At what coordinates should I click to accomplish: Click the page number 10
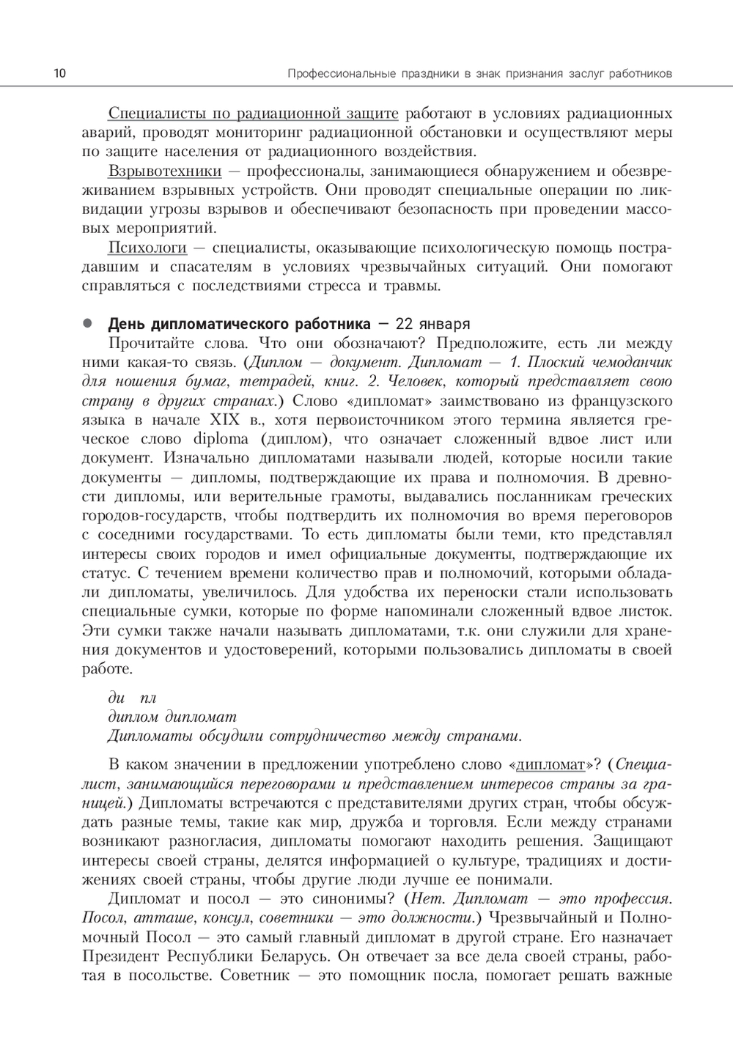point(59,73)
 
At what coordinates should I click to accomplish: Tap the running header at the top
point(480,74)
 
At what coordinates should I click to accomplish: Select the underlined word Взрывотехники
point(164,171)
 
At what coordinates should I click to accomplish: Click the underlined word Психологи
point(147,248)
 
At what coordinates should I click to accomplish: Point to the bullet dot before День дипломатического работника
point(86,322)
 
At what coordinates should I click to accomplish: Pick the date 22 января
point(432,324)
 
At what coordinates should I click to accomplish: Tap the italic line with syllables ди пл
point(132,698)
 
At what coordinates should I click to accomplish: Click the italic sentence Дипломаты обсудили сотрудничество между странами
point(315,736)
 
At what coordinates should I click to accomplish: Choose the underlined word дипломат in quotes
point(551,765)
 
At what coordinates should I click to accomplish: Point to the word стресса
point(328,286)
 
